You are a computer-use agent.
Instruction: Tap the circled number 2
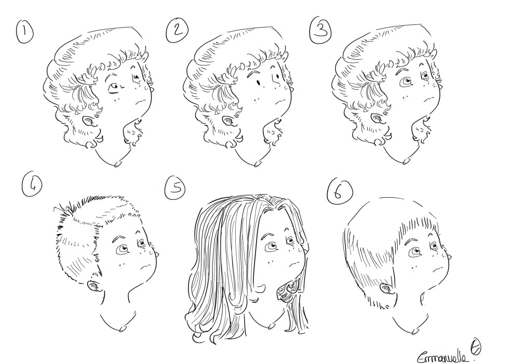177,31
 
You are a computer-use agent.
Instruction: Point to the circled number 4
32,187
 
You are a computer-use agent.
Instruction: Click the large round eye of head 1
114,88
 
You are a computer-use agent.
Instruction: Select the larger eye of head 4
123,249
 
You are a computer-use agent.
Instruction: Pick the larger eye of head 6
415,251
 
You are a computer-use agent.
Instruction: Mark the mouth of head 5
294,263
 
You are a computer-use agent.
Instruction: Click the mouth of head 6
438,268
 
